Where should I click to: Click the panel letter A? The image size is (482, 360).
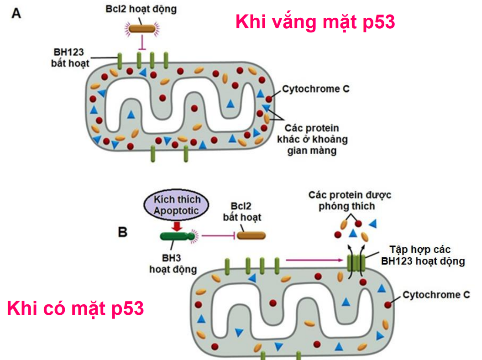tap(16, 13)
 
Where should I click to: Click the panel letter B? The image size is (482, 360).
tap(123, 232)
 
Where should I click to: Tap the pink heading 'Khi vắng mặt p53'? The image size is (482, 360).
tap(315, 22)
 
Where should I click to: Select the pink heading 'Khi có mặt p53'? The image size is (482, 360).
tap(75, 309)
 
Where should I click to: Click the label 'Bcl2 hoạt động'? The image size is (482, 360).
tap(141, 9)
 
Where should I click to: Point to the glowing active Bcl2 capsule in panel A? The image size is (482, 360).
tap(141, 29)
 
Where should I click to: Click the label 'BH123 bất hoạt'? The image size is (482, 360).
tap(70, 57)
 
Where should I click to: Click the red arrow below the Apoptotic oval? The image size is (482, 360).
tap(177, 225)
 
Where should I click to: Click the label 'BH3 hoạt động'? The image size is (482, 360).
tap(173, 263)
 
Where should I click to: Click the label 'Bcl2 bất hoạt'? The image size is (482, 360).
tap(242, 211)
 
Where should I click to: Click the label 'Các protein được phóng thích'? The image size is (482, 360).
tap(350, 200)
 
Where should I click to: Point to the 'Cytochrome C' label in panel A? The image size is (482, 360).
tap(315, 89)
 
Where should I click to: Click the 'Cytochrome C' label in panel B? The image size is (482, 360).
tap(436, 295)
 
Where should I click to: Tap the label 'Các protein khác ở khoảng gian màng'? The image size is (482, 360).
tap(312, 138)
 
